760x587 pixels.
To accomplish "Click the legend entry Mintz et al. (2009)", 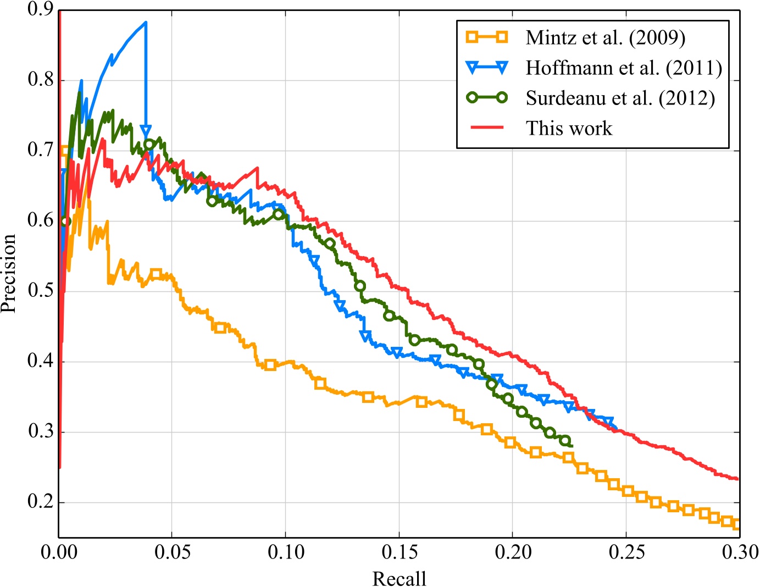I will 605,38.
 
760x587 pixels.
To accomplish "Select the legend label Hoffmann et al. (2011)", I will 623,68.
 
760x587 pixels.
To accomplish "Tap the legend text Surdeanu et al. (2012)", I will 620,98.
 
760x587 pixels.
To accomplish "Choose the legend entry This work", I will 568,128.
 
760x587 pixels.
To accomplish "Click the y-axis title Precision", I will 9,274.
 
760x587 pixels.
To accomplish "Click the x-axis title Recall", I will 399,578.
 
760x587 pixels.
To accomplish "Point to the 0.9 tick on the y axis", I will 40,9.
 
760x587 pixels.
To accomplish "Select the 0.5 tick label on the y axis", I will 40,291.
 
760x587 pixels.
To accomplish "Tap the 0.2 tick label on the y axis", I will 40,502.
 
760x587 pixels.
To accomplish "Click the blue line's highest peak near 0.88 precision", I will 146,23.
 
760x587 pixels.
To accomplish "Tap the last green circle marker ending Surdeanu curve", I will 564,441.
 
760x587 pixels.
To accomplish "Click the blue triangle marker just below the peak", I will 146,131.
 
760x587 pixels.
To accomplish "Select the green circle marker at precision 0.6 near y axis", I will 65,221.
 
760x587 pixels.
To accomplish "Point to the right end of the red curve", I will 737,479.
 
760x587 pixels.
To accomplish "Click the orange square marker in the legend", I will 487,37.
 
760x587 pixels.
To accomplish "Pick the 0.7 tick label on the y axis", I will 40,150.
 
